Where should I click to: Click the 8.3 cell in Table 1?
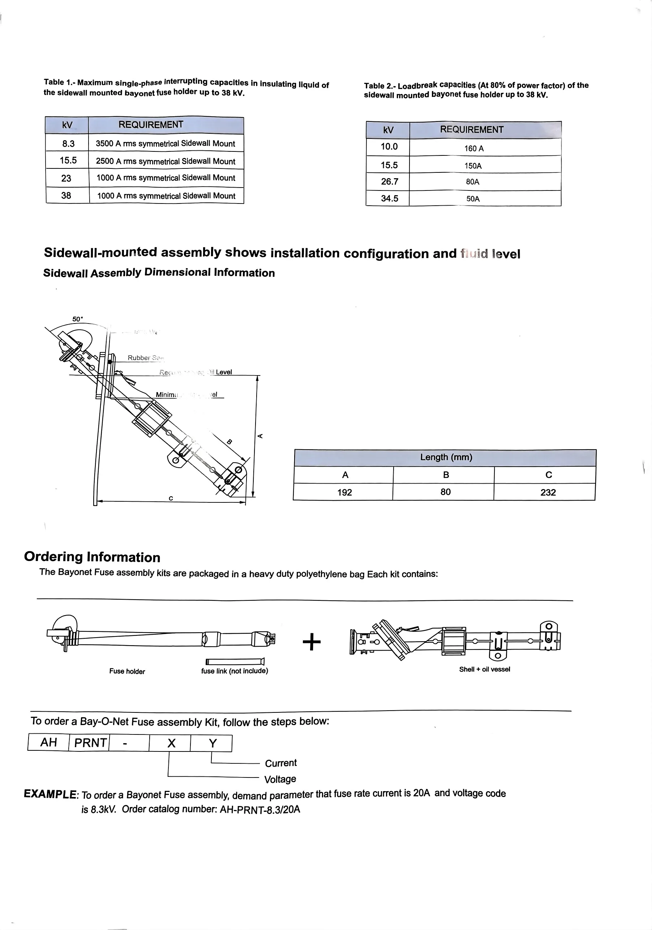click(68, 143)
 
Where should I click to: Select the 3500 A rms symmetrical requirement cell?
click(165, 143)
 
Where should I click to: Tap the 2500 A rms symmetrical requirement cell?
click(165, 161)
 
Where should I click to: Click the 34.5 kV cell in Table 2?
click(389, 199)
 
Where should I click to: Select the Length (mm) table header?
click(446, 457)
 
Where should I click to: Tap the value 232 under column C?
click(548, 492)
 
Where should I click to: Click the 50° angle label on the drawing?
click(77, 319)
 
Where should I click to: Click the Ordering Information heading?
click(92, 557)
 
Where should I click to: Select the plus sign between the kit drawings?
click(312, 642)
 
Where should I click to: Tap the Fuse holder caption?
click(127, 671)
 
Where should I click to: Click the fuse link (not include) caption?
click(235, 671)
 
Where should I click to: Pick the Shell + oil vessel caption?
click(484, 669)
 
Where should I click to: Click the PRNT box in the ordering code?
click(90, 742)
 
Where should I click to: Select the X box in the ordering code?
click(171, 743)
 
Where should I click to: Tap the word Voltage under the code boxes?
click(280, 779)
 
